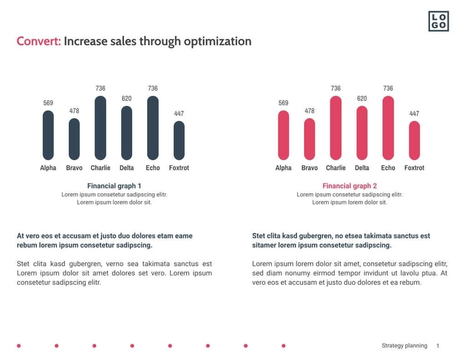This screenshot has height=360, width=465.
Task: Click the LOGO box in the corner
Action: tap(438, 21)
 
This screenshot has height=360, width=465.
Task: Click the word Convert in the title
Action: tap(38, 42)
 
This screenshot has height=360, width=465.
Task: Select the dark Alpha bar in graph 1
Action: tap(48, 135)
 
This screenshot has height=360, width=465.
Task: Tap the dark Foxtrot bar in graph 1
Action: tap(179, 140)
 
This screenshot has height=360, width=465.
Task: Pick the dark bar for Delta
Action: tap(126, 133)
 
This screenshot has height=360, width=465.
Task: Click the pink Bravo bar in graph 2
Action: tap(309, 139)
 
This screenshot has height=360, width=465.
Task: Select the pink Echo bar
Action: tap(388, 128)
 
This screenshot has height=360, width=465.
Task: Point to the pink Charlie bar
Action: tap(335, 128)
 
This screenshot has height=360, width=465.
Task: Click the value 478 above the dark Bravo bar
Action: tap(74, 111)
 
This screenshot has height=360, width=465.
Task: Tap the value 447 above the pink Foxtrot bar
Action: tap(414, 114)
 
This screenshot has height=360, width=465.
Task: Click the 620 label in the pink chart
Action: tap(362, 99)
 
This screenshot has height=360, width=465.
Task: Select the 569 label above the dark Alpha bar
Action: tap(48, 103)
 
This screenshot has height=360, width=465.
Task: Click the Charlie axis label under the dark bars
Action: tap(100, 168)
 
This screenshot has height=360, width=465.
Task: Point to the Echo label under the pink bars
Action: tap(388, 168)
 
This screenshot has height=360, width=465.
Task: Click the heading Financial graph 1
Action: tap(114, 186)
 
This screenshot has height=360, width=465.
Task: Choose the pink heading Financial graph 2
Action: tap(349, 186)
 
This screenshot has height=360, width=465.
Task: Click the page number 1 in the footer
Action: tap(438, 346)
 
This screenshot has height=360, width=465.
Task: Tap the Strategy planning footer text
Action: tap(404, 346)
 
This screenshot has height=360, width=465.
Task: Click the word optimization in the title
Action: tap(217, 42)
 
